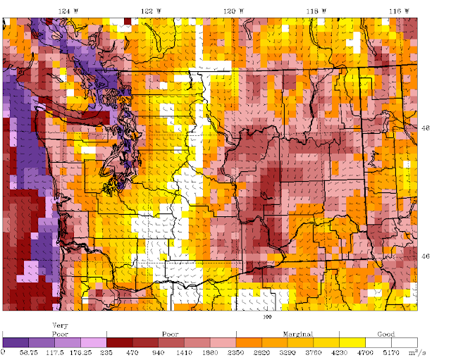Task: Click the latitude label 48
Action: tap(424, 128)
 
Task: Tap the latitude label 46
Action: tap(424, 256)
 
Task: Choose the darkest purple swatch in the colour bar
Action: tap(16, 345)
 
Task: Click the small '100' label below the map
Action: tap(267, 316)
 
